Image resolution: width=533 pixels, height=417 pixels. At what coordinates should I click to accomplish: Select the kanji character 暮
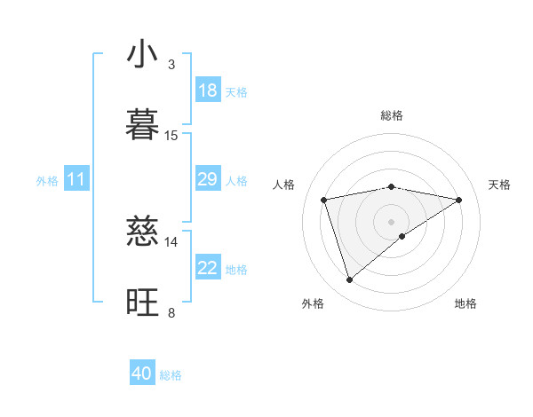pos(143,125)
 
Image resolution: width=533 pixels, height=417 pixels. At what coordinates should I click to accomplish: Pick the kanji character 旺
pos(143,302)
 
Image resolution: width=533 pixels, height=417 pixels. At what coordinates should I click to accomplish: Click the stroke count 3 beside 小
pos(171,65)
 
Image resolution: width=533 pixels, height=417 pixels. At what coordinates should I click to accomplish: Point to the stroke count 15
pos(171,135)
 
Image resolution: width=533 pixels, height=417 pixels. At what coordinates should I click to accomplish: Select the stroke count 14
pos(171,241)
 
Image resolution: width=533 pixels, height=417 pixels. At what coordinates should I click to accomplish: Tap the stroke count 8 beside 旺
pos(171,311)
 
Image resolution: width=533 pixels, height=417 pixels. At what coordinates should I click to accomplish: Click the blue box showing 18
pos(208,90)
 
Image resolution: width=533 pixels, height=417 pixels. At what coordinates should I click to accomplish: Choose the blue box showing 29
pos(208,179)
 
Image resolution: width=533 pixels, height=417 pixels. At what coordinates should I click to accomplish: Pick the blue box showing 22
pos(208,268)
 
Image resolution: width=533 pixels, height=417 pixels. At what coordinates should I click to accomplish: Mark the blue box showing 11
pos(76,179)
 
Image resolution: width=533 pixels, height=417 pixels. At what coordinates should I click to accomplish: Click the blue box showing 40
pos(142,374)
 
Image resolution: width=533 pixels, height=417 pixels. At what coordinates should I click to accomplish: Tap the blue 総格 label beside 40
pos(171,375)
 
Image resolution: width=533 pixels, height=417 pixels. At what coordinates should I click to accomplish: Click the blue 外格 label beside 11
pos(47,181)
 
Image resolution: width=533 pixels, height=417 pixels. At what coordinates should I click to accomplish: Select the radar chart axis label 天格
pos(499,185)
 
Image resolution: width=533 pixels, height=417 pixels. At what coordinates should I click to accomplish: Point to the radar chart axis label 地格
pos(465,304)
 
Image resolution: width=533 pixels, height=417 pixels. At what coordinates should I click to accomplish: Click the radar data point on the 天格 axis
pos(458,200)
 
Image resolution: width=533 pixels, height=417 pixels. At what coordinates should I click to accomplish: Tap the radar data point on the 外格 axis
pos(349,280)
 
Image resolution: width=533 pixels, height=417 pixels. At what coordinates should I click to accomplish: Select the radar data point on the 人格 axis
pos(324,200)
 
